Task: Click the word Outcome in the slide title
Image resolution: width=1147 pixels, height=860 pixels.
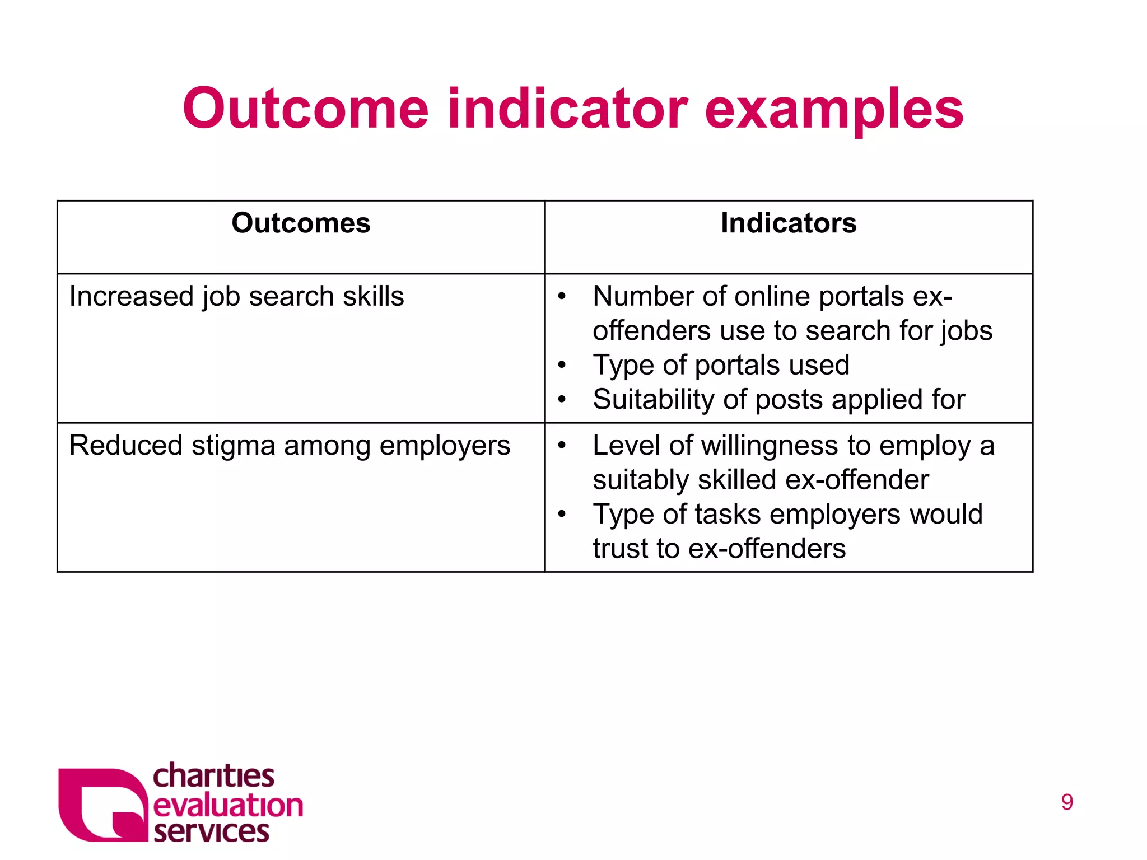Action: point(306,109)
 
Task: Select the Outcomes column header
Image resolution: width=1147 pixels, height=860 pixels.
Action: point(301,223)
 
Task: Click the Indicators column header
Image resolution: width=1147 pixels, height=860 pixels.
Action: point(788,223)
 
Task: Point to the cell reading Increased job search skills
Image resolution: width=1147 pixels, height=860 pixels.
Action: point(236,296)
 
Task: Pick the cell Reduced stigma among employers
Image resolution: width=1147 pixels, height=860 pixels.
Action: point(290,446)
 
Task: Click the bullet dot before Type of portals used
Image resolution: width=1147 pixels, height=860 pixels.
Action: point(562,366)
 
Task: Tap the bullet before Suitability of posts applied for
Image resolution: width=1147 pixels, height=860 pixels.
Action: point(562,400)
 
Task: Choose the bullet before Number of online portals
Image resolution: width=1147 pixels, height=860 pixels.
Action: point(562,297)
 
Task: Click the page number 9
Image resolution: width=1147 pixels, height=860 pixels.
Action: point(1067,802)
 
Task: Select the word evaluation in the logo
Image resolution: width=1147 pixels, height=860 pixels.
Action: point(228,806)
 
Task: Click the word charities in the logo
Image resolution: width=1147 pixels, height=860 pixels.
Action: point(213,777)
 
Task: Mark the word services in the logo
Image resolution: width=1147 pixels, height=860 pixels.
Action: point(211,832)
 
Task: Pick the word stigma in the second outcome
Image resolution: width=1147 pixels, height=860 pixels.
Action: point(233,446)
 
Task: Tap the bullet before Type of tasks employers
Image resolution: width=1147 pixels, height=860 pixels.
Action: point(562,514)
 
